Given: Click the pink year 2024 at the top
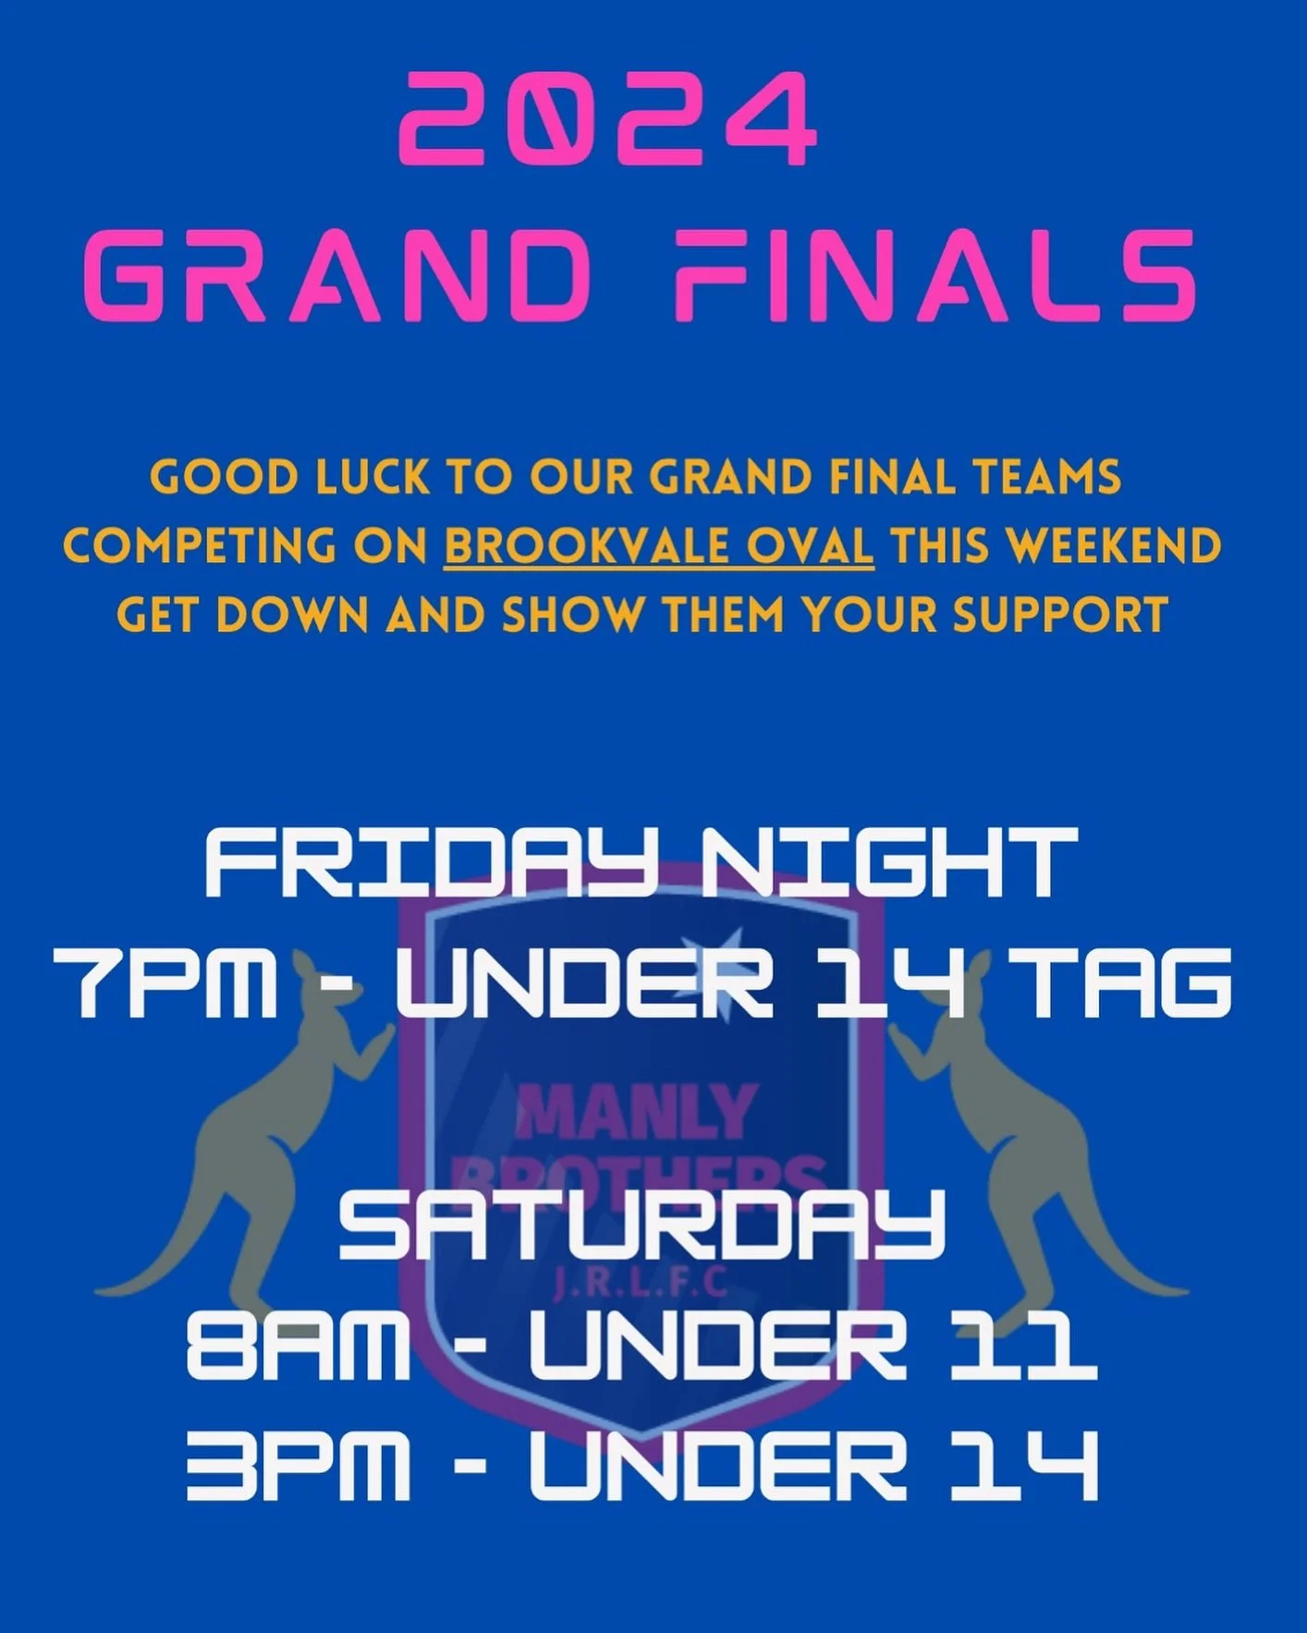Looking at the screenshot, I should tap(608, 119).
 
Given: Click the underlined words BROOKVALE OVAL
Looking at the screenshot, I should tap(658, 546).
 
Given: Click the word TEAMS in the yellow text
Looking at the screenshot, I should tap(1046, 478).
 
